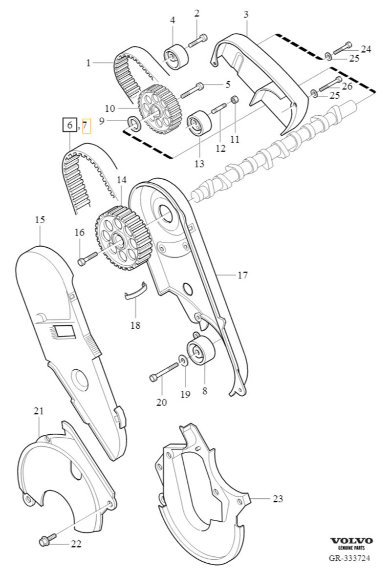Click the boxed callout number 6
pos(69,126)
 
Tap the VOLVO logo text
pos(351,541)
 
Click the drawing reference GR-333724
pos(349,558)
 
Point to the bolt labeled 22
pos(47,539)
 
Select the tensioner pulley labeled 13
pos(198,123)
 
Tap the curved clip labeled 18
pos(136,291)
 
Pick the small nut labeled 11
pos(235,99)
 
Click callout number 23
pos(278,498)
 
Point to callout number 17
pos(243,275)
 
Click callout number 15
pos(40,220)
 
